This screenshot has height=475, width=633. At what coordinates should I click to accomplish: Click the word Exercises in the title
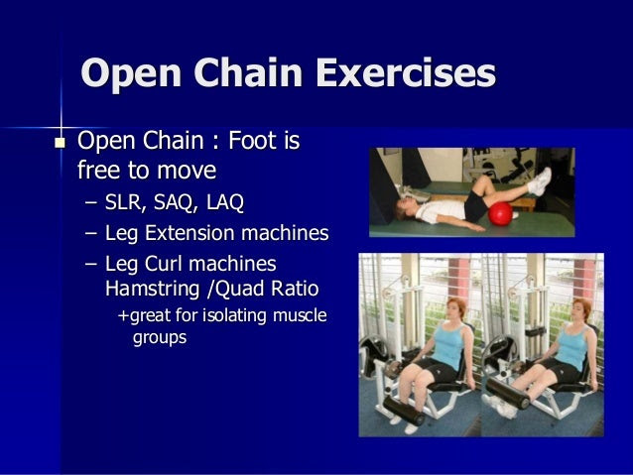point(406,73)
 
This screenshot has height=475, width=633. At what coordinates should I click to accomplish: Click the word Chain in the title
point(248,72)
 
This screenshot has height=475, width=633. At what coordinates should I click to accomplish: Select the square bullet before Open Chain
point(60,143)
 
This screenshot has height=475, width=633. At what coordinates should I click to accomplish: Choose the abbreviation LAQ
point(225,202)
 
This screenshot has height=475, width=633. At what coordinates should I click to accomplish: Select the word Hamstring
point(152,290)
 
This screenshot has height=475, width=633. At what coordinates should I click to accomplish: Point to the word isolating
point(234,315)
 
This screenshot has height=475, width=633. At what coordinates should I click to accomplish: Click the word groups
point(160,338)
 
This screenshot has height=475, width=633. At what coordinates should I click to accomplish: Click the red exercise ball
point(500,214)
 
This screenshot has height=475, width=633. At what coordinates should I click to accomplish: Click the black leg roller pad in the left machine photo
point(404,411)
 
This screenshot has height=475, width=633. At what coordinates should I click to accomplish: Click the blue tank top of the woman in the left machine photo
point(447,345)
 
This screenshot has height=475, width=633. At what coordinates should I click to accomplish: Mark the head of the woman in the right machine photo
point(581,310)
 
